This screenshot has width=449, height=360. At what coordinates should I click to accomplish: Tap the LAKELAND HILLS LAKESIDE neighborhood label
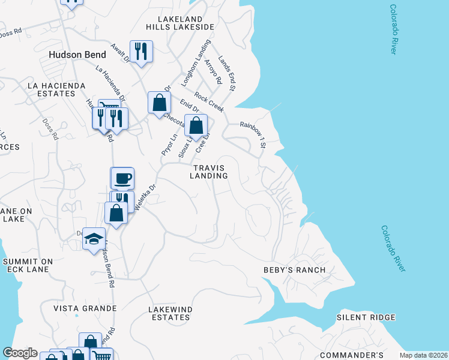(x=180, y=22)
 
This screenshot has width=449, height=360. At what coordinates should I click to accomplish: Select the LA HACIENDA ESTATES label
(x=56, y=90)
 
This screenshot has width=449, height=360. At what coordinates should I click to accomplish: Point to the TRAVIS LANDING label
(x=209, y=172)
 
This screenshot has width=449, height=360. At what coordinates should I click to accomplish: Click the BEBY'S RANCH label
(x=295, y=270)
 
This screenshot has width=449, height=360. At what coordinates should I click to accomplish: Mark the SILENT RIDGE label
(x=366, y=317)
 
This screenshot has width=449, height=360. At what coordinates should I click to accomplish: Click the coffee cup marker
(x=122, y=178)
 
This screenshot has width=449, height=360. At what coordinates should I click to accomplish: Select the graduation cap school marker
(x=94, y=239)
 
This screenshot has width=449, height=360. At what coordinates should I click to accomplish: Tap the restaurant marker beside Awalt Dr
(x=141, y=52)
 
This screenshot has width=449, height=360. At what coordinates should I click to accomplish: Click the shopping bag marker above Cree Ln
(x=196, y=126)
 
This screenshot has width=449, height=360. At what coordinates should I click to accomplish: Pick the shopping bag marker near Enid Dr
(x=159, y=102)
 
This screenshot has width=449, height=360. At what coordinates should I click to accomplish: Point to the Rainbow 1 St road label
(x=253, y=134)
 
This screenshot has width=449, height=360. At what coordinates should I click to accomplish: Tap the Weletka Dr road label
(x=146, y=196)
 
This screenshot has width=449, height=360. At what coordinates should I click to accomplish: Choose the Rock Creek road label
(x=209, y=102)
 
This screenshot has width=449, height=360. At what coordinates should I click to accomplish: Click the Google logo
(x=20, y=353)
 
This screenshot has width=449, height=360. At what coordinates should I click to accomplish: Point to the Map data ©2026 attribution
(x=424, y=355)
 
